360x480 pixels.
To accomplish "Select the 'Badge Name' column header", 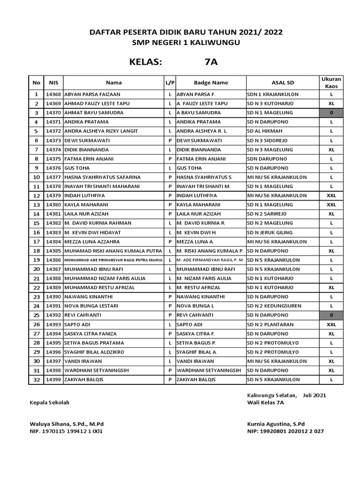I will pos(210,82).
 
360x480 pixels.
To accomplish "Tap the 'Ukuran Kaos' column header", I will pos(331,82).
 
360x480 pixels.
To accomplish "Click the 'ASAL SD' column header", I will pos(283,82).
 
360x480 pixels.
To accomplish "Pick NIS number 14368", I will pos(53,94).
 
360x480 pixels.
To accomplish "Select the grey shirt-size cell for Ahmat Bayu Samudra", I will pos(331,113).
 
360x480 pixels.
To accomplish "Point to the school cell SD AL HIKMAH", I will pos(266,131).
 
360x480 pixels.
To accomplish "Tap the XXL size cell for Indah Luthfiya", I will pos(331,196).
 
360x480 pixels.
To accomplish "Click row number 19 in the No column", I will pos(36,260).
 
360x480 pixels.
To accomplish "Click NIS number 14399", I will pos(53,380).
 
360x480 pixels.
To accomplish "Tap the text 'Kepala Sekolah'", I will pos(49,403).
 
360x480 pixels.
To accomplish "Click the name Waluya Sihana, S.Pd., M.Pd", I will pos(66,424).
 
